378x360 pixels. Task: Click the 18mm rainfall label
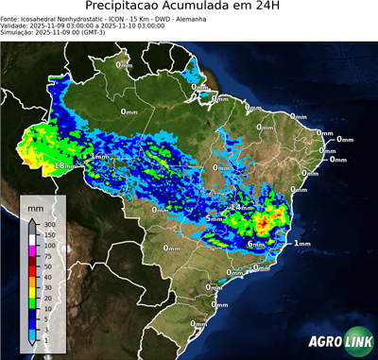click(64, 165)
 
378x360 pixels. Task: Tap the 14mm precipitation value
click(243, 207)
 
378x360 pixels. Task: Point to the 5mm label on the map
click(215, 219)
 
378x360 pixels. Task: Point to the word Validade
click(16, 26)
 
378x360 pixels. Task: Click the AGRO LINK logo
click(335, 344)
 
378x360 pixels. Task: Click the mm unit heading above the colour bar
click(35, 205)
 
